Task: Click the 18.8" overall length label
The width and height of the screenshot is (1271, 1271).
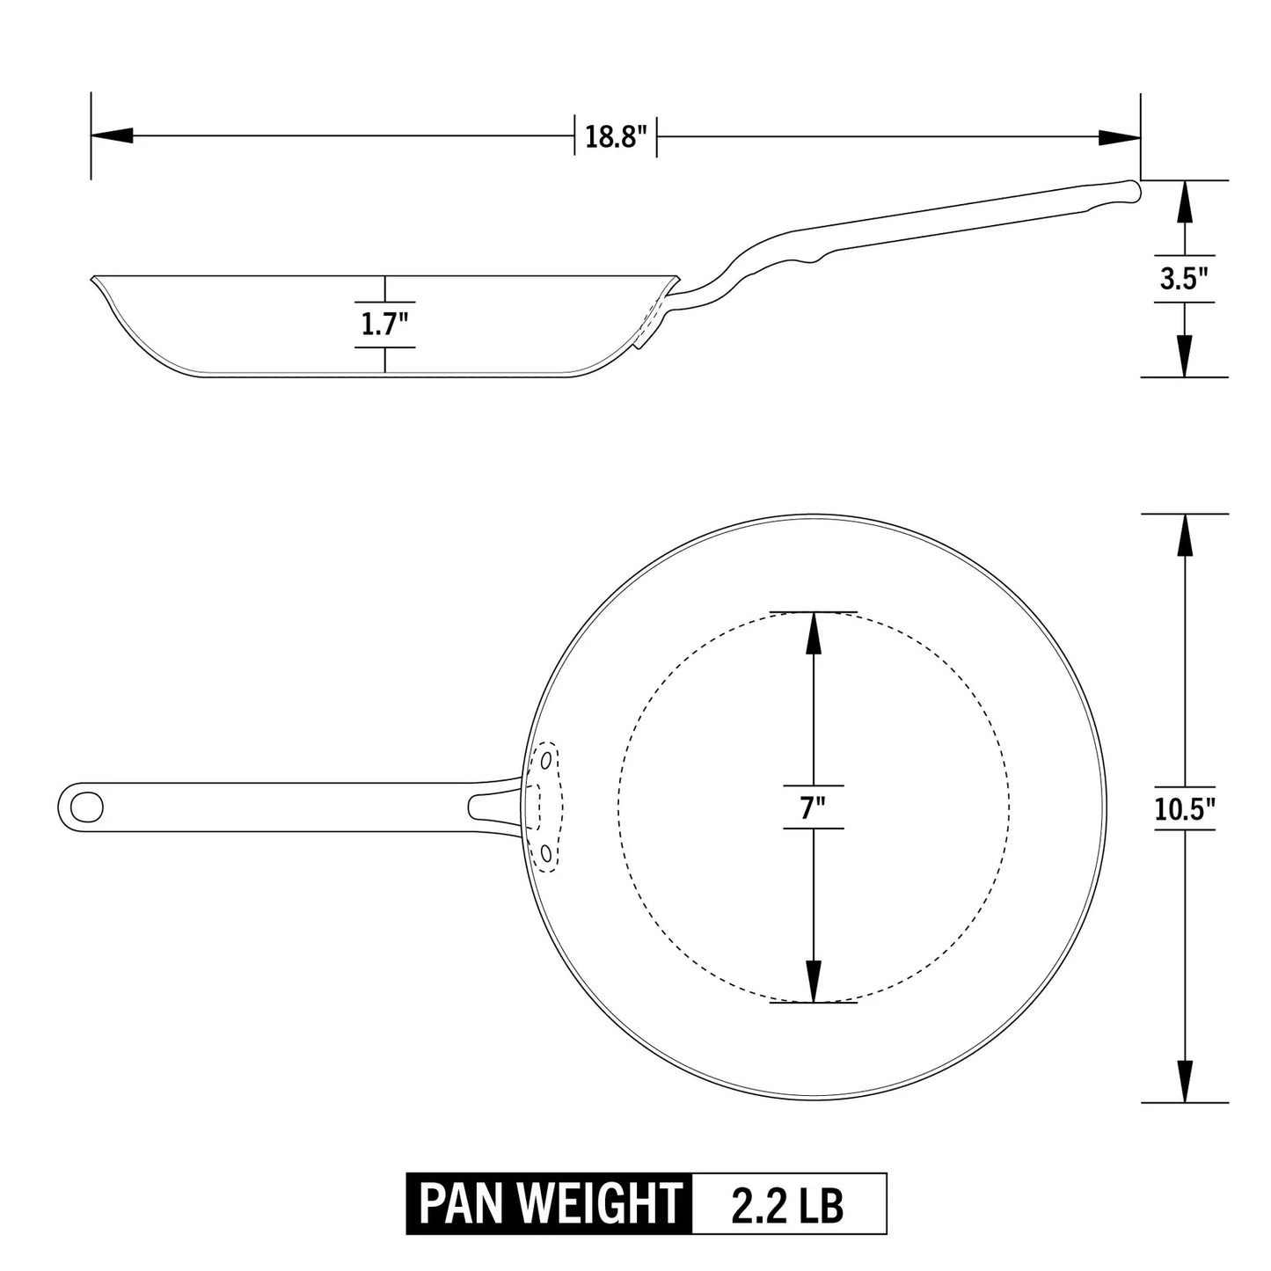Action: tap(616, 137)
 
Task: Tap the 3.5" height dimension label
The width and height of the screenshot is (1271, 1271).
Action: tap(1184, 280)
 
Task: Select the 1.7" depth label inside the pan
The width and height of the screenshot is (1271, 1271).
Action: tap(385, 325)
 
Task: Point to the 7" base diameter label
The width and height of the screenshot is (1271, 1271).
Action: tap(813, 807)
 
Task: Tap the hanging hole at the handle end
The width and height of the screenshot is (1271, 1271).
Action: tap(87, 805)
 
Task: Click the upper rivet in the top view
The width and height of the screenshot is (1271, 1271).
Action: tap(547, 758)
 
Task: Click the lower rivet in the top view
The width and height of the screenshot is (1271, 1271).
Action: tap(546, 852)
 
